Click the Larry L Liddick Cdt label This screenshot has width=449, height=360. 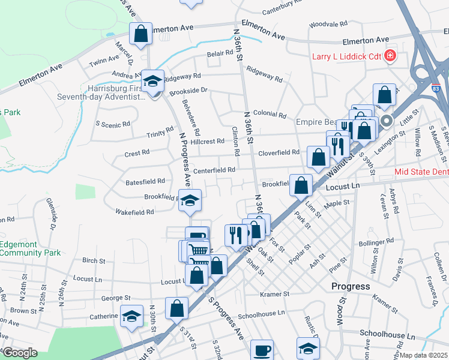(346, 57)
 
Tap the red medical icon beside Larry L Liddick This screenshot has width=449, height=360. (390, 56)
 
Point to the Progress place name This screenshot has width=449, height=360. (351, 286)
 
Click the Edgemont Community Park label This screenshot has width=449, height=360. (30, 248)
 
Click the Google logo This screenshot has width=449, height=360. (20, 352)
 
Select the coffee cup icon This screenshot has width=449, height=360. (261, 350)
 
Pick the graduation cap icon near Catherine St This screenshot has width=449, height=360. (132, 316)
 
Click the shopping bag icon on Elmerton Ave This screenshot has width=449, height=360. (140, 34)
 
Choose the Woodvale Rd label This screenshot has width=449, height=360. (328, 25)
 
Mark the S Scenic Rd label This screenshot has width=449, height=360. (113, 124)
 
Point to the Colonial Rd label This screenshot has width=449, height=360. (270, 114)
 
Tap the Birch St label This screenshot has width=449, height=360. (94, 260)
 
